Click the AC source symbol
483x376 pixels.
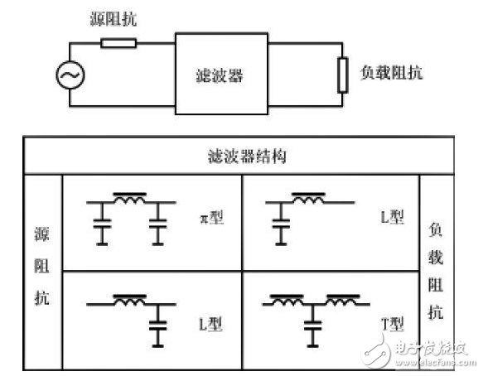pyautogui.click(x=68, y=76)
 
